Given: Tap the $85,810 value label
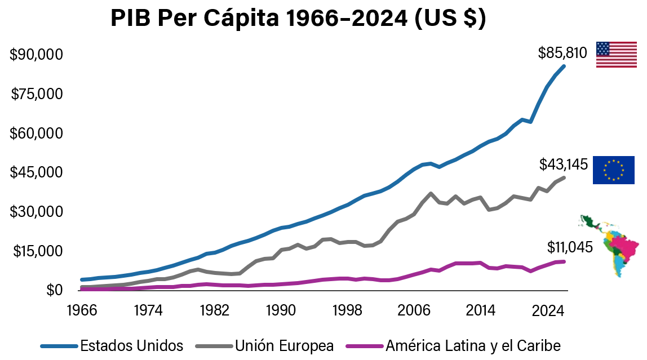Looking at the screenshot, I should coord(562,53).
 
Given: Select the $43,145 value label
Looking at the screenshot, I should coord(563,165).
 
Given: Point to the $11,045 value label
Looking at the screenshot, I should coord(570,247).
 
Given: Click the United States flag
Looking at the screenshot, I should coord(616,55).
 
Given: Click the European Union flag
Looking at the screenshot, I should coord(613,170).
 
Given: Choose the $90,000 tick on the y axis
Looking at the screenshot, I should coord(36,55).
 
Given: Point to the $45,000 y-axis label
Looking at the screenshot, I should coord(36,172).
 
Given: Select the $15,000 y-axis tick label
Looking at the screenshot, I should coord(36,251).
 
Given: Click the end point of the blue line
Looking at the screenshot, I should coord(564,66).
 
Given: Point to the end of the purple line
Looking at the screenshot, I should coord(564,261).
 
